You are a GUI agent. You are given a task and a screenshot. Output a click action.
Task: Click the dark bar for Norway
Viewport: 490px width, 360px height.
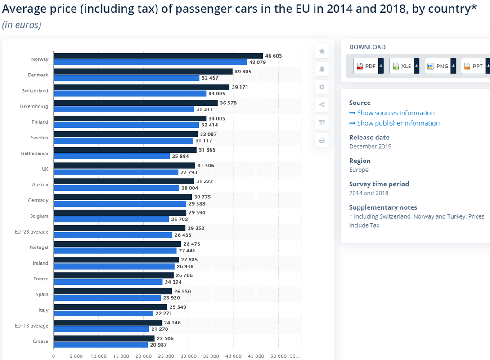158,56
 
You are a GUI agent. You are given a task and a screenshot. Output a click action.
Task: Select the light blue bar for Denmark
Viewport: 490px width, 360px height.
126,78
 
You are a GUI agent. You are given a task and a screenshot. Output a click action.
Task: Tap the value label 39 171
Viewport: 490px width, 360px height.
240,87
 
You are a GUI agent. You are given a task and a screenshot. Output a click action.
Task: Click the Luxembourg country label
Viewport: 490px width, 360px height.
34,106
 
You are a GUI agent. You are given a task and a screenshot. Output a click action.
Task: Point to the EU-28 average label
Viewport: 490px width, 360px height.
31,232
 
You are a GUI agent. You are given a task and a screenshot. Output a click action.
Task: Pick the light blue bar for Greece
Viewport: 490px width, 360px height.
101,345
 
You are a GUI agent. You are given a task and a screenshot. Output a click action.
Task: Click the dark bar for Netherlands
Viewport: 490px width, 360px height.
125,150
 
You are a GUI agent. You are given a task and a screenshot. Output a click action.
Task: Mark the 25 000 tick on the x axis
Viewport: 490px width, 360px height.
166,356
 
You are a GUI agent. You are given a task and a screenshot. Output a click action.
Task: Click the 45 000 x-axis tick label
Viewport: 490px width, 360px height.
256,356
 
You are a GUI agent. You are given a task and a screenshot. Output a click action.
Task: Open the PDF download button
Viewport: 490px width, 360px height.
369,66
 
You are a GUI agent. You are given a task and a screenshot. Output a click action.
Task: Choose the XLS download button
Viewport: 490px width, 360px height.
404,66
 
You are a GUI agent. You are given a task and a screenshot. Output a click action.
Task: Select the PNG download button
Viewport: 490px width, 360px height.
440,66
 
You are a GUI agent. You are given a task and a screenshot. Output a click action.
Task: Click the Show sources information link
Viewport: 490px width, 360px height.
392,113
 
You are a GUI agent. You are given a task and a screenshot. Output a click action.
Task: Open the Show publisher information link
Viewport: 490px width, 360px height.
394,123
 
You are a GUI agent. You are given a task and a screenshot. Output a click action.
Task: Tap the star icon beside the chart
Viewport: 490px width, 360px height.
322,51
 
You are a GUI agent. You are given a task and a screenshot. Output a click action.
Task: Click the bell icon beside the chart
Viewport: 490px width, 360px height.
322,69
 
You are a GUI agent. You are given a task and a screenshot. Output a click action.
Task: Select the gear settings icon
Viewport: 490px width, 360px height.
322,87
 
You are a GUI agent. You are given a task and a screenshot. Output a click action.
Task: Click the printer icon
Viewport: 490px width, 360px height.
322,140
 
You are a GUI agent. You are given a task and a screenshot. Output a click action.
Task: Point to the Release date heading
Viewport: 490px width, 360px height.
369,138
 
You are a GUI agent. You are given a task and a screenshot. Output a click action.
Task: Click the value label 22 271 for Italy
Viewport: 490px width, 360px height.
163,314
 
